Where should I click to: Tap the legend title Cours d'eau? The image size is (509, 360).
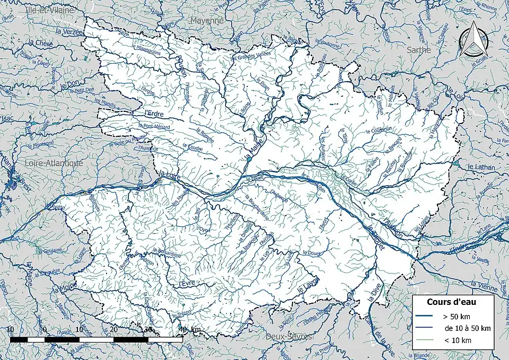click(x=451, y=302)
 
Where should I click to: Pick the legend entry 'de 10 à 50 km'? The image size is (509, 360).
click(x=467, y=328)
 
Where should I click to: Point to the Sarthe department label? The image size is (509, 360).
click(x=419, y=49)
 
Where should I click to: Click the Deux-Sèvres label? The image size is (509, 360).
click(x=289, y=337)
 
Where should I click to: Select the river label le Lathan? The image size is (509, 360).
click(x=480, y=166)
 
